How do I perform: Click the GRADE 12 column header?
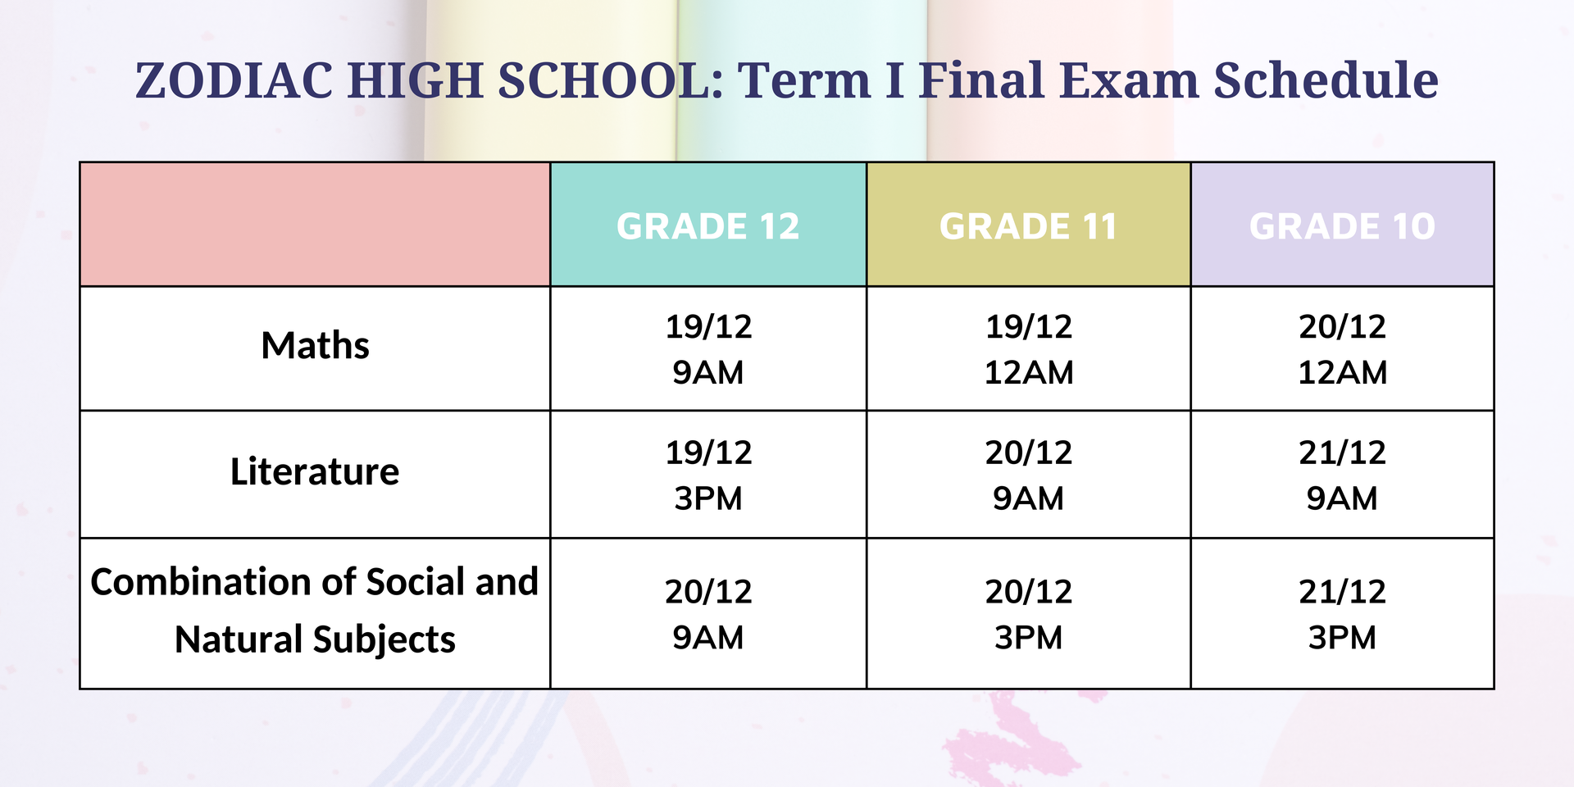708,226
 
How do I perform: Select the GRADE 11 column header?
1028,226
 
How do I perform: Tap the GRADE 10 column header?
1342,226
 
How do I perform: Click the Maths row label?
315,346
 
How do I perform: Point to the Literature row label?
315,471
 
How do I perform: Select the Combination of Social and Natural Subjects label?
315,611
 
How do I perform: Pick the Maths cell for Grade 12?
708,349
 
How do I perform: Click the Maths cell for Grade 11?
1028,349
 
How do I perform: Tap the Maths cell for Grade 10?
1342,349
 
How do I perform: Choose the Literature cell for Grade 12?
708,475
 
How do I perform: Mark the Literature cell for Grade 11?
1028,475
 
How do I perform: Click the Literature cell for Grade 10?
1342,475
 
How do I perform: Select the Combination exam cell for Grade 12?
708,614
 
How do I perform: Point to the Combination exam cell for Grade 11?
1028,614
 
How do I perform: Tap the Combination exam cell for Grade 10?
1342,614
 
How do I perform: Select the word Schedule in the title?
1326,80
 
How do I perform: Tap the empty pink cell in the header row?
315,225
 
